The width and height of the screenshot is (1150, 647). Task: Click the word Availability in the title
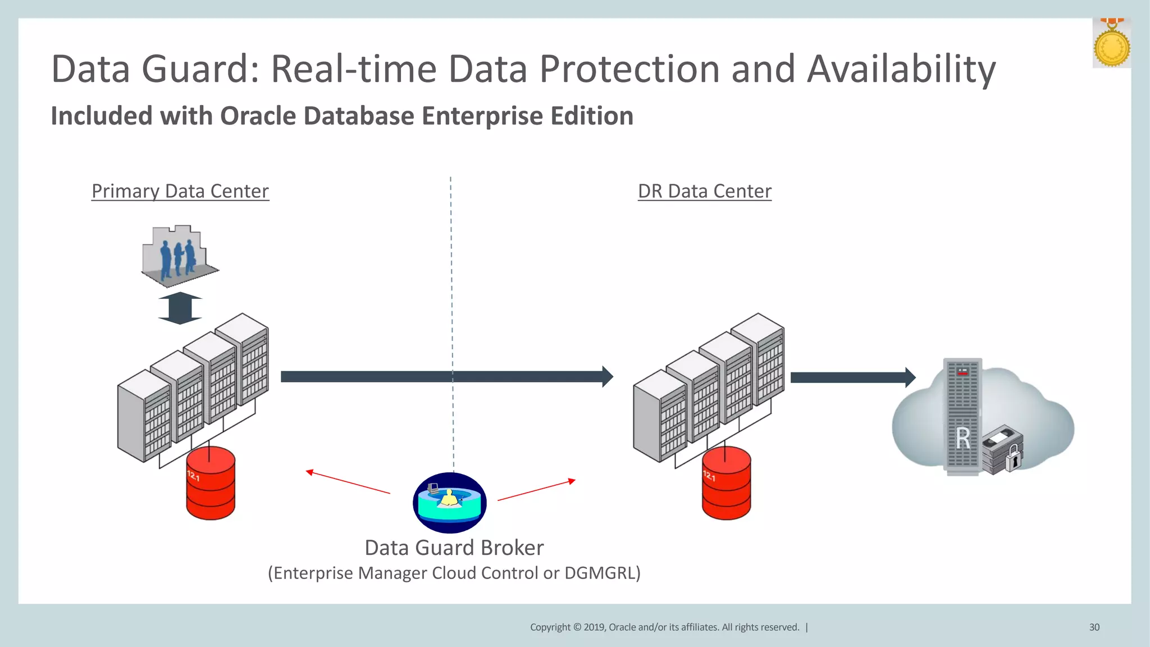[x=901, y=70]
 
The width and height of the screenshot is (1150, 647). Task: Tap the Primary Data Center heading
[x=180, y=192]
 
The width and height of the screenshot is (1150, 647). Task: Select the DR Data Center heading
[x=704, y=192]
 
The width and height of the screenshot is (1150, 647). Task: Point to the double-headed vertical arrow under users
[x=180, y=308]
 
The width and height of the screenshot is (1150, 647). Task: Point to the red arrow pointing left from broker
[x=348, y=482]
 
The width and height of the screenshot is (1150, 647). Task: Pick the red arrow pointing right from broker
[x=536, y=490]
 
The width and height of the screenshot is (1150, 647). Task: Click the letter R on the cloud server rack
[x=963, y=438]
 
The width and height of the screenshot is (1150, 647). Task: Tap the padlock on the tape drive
[x=1012, y=458]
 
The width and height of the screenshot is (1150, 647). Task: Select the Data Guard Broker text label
[x=454, y=548]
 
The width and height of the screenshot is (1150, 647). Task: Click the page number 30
[x=1094, y=627]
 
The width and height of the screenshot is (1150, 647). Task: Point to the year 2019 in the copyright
[x=594, y=627]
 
